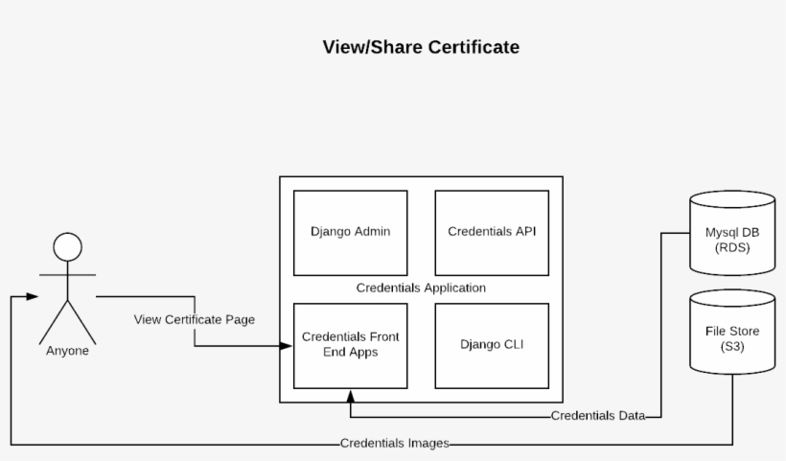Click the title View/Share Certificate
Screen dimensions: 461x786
[422, 47]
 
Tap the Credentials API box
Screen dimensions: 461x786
[492, 232]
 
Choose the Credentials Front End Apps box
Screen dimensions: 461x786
[350, 345]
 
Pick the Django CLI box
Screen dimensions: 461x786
[492, 345]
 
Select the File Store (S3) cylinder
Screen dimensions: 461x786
[732, 335]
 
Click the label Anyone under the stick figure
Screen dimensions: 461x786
[67, 351]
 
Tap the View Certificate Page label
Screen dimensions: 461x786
[195, 319]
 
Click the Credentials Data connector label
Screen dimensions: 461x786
[597, 416]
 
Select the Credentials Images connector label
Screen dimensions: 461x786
[394, 444]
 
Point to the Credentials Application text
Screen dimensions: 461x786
[421, 288]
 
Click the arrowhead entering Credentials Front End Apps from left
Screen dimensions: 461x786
[287, 345]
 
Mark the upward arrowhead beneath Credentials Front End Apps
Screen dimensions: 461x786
[351, 395]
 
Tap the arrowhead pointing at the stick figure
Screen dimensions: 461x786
[33, 297]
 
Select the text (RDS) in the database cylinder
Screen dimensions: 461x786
[732, 247]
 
